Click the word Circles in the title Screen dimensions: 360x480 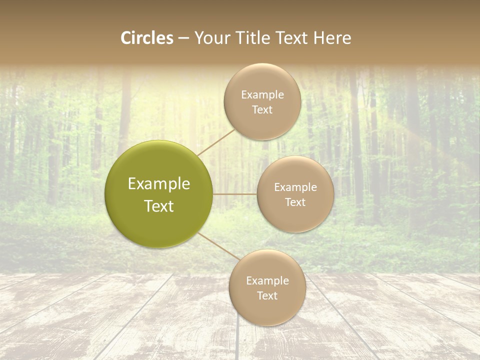[x=146, y=38]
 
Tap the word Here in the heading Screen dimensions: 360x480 [x=332, y=38]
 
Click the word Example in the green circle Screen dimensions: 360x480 [x=158, y=184]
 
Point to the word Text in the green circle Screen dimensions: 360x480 [x=158, y=206]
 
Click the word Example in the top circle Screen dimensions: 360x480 [x=262, y=94]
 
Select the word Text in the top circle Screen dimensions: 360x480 [x=262, y=109]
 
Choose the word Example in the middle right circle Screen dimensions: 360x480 [x=295, y=187]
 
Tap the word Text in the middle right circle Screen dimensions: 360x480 [x=295, y=202]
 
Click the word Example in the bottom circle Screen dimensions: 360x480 [x=267, y=280]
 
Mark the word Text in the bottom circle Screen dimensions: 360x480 [x=267, y=295]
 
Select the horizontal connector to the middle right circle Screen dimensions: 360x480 [x=234, y=194]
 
